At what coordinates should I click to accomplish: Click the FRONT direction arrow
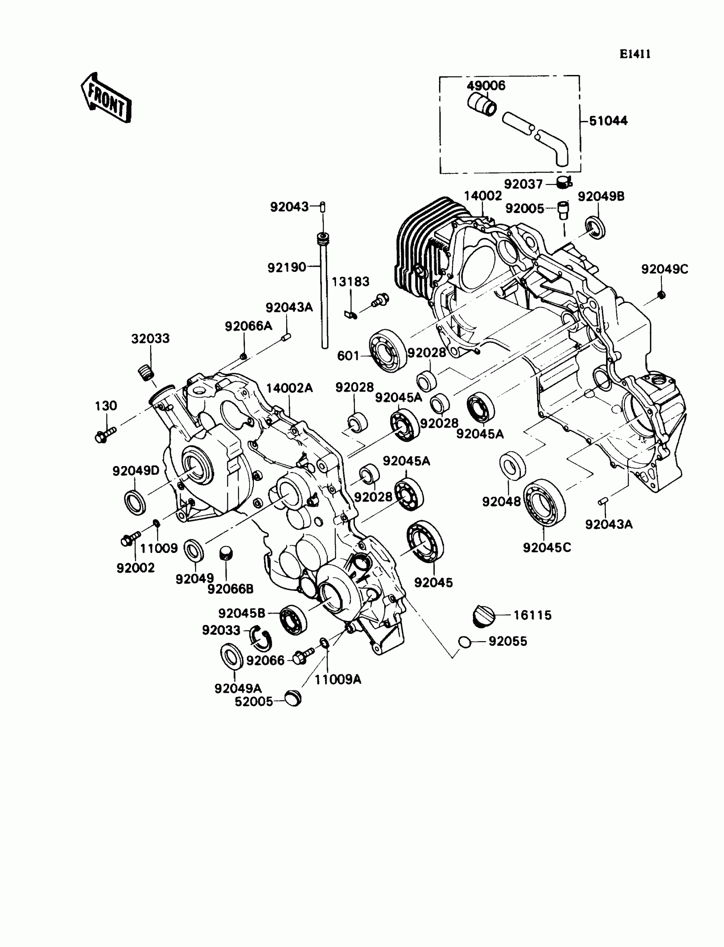106,98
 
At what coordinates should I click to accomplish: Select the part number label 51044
608,121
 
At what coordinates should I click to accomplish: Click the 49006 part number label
486,85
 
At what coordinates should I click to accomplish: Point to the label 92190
287,268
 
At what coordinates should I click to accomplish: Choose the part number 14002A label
289,388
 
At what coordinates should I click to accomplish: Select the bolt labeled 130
105,435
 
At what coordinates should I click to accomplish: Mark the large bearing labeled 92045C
544,502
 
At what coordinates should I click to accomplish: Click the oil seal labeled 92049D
135,502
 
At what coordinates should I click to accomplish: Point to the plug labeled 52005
293,697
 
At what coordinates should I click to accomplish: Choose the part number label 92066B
230,589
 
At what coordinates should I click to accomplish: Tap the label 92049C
664,269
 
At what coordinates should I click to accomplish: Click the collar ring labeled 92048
512,466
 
